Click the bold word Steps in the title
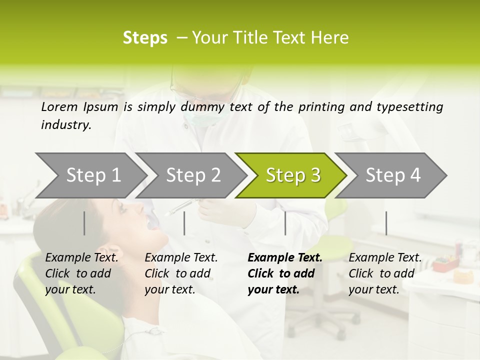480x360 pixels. (145, 38)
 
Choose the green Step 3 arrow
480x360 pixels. (293, 175)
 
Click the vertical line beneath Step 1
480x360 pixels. (84, 223)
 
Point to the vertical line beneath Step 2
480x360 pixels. (184, 223)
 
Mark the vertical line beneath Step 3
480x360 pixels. (285, 223)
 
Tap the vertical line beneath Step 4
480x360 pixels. (386, 223)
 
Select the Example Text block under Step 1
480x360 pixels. (81, 273)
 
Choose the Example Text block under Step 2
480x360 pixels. (181, 273)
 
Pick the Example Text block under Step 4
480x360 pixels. (385, 273)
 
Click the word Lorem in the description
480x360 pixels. (59, 106)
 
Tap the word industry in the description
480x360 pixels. (66, 125)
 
